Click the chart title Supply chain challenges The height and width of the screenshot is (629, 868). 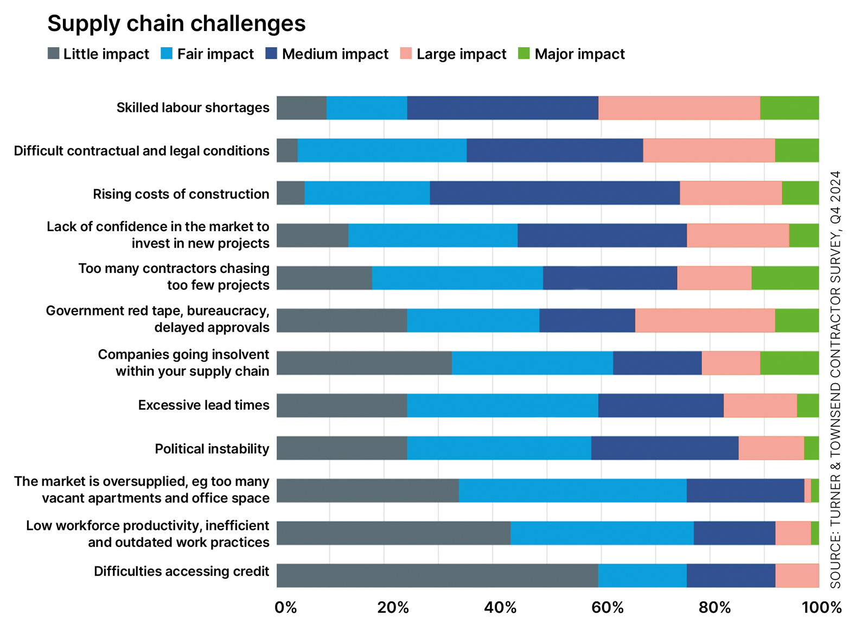tap(176, 23)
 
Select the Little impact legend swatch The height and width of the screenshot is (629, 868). tap(53, 54)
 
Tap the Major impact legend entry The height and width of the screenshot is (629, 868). tap(571, 54)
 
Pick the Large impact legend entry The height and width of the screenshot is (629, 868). tap(453, 54)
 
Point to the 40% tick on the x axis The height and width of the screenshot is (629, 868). tap(500, 607)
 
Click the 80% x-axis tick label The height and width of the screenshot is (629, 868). tap(714, 607)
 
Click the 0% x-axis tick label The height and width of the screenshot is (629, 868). tap(286, 607)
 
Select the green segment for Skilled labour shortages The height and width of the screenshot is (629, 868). tap(789, 108)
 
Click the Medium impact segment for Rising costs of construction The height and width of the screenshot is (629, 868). tap(554, 193)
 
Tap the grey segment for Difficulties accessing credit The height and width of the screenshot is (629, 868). tap(437, 575)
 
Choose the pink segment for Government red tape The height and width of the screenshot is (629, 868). tap(705, 320)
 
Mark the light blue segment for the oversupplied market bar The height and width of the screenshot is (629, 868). tap(572, 491)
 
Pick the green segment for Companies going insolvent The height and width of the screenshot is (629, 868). tap(789, 363)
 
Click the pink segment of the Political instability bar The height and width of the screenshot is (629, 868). tap(771, 448)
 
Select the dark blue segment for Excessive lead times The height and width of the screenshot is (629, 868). tap(661, 405)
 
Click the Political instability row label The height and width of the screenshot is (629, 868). tap(212, 449)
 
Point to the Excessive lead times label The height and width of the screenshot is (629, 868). tap(203, 405)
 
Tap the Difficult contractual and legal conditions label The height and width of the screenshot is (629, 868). tap(142, 151)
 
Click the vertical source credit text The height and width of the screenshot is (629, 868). tap(835, 379)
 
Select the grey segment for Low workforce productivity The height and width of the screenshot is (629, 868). tap(393, 533)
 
